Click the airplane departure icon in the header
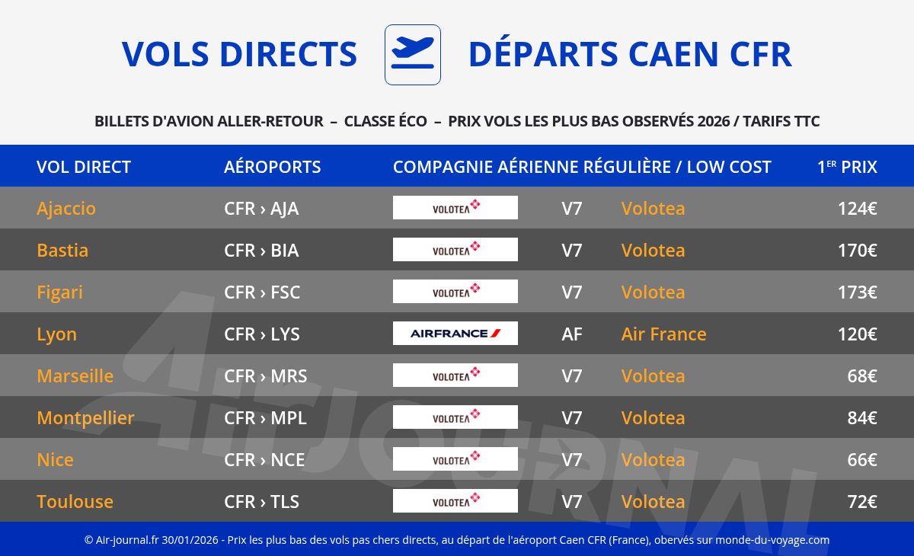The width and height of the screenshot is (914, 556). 413,55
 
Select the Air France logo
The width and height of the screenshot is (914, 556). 455,334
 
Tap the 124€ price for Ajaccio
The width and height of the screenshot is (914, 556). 858,209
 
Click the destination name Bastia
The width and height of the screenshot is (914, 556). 62,250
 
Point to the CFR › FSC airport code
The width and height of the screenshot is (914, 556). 262,292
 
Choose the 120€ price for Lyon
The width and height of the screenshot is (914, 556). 858,334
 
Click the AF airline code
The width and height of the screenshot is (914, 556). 572,334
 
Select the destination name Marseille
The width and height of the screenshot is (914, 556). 75,375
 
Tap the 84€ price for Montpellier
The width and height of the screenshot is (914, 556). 862,417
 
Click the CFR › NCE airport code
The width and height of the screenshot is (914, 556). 264,460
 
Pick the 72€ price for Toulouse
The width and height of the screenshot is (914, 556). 862,501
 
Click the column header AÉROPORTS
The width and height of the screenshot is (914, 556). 272,167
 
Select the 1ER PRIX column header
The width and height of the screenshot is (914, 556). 847,167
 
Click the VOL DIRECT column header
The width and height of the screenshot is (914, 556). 84,167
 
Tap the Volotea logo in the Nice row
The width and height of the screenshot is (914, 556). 455,459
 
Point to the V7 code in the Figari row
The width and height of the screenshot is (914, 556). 572,292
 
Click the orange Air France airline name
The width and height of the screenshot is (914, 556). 663,334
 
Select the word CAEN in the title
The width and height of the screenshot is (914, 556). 673,54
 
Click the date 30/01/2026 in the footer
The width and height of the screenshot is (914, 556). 190,540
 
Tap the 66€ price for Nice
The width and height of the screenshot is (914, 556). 862,460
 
